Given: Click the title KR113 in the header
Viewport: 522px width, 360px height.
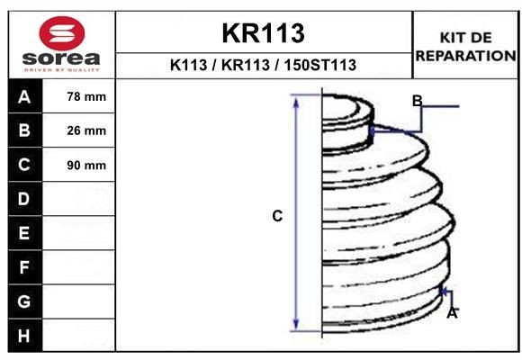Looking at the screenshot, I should point(263,33).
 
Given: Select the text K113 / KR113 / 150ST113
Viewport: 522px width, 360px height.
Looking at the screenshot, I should point(263,65).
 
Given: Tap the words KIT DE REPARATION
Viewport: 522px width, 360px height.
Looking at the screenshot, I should point(465,46).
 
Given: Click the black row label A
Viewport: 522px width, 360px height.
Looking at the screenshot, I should point(24,96).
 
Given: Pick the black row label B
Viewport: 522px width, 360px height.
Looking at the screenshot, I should point(24,130).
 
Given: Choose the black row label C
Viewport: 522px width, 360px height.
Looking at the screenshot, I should point(24,165).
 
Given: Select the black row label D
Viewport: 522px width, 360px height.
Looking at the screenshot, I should point(24,199).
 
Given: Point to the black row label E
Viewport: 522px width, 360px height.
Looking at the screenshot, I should point(24,233).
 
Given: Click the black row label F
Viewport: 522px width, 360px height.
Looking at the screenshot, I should point(24,267).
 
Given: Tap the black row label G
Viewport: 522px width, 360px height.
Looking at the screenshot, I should point(24,301).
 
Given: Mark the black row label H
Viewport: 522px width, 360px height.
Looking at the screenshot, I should point(24,336).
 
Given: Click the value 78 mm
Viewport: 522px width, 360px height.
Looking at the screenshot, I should point(86,96).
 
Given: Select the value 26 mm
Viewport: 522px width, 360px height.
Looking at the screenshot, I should point(86,130).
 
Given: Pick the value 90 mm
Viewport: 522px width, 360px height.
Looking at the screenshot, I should point(86,165).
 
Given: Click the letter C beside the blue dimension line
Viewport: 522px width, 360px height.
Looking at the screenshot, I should point(277,216).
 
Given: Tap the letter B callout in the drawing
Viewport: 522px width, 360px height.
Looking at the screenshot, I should point(417,100).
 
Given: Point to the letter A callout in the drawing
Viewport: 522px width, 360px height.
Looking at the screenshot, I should point(452,313).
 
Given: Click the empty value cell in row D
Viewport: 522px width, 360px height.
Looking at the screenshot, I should point(80,199).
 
